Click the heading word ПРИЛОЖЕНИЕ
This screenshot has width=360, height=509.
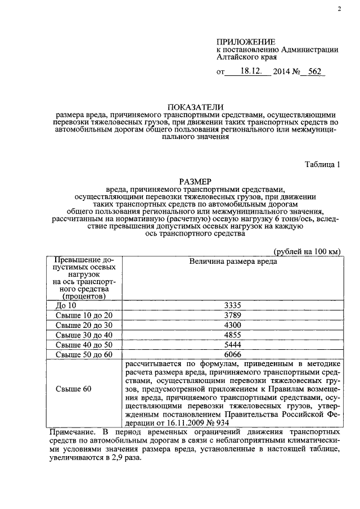pyautogui.click(x=246, y=42)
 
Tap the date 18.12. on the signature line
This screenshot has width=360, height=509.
pyautogui.click(x=252, y=72)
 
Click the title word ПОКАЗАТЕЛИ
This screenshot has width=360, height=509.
pyautogui.click(x=195, y=107)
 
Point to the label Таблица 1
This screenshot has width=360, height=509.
pyautogui.click(x=322, y=165)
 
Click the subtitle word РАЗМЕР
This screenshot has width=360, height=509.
pyautogui.click(x=195, y=182)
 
